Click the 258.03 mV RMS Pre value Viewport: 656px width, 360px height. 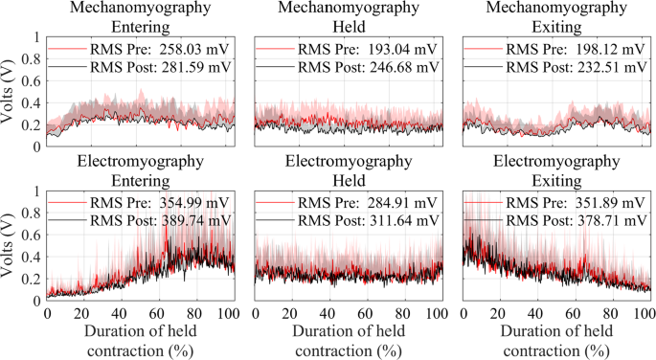point(198,48)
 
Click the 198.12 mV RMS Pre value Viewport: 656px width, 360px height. point(614,48)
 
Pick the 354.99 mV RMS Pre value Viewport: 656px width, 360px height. point(198,201)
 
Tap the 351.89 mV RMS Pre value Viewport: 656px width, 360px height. point(614,201)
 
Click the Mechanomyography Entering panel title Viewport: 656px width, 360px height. point(140,17)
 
